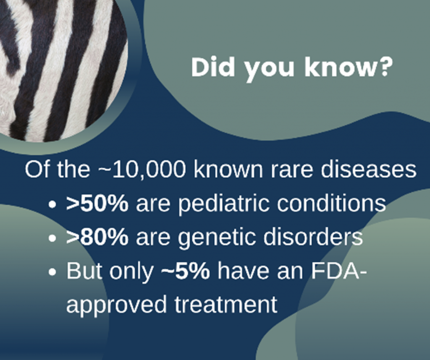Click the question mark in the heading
click(x=385, y=67)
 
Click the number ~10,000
click(x=141, y=170)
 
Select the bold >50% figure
click(x=97, y=203)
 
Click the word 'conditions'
click(x=331, y=203)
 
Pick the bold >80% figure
click(x=97, y=237)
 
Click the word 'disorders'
click(x=313, y=237)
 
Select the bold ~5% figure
click(x=186, y=271)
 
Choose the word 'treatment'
click(x=226, y=305)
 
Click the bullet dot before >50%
click(x=52, y=205)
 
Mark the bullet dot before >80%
click(x=52, y=238)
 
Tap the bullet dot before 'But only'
click(x=52, y=272)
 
